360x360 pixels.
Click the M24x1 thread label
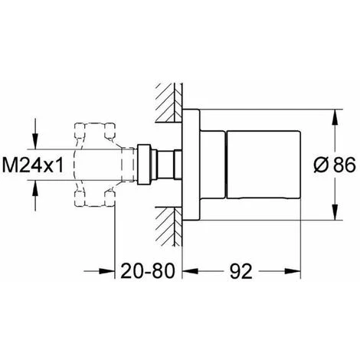coord(33,165)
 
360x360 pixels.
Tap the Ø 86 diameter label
coord(335,165)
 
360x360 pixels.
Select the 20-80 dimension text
coord(148,271)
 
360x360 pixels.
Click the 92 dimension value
coord(241,271)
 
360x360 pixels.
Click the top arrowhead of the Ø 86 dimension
coord(335,117)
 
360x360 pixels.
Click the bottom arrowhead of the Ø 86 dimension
coord(335,212)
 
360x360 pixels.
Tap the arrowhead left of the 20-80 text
coord(106,271)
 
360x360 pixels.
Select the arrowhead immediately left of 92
coord(190,271)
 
